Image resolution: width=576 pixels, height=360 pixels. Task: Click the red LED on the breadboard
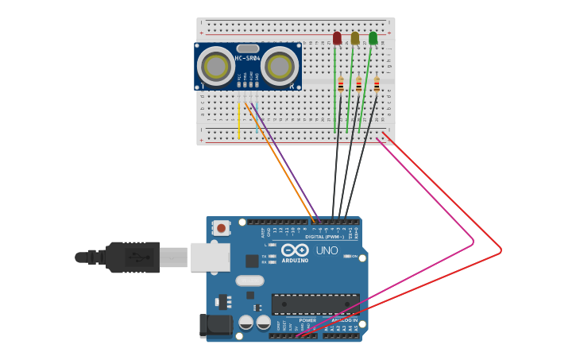337,38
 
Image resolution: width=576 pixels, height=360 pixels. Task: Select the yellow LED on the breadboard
355,38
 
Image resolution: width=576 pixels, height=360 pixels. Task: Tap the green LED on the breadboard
373,38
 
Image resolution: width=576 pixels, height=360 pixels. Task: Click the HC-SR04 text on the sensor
248,58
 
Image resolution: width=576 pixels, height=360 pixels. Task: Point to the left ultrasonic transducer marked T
215,66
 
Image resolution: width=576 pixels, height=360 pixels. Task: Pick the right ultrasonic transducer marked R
280,66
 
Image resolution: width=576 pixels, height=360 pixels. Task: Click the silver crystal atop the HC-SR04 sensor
248,48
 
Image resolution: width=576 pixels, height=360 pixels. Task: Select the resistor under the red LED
341,85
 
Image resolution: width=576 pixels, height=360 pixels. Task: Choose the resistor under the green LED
377,85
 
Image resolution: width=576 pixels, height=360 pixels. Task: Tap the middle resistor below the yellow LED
359,85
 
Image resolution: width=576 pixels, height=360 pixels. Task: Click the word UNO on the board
327,250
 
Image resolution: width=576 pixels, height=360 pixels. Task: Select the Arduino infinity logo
295,250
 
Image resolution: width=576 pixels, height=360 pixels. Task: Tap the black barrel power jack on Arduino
216,324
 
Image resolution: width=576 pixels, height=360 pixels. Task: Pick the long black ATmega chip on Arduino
315,304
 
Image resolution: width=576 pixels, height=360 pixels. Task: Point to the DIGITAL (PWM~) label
325,237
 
